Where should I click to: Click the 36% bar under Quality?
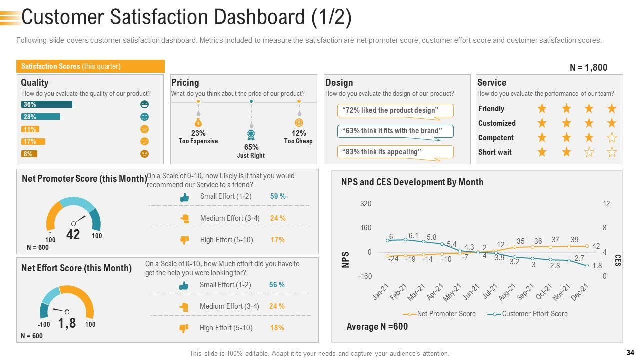pyautogui.click(x=47, y=104)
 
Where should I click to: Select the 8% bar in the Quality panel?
pyautogui.click(x=29, y=154)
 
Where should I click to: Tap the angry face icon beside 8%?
pyautogui.click(x=145, y=154)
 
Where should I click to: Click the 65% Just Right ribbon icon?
pyautogui.click(x=251, y=135)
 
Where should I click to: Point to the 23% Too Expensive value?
pyautogui.click(x=198, y=133)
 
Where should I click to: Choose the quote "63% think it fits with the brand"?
pyautogui.click(x=395, y=131)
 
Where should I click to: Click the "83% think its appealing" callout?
pyautogui.click(x=395, y=152)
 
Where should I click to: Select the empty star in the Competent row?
pyautogui.click(x=612, y=138)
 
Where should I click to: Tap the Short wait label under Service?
pyautogui.click(x=495, y=152)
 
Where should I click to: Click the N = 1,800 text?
pyautogui.click(x=588, y=68)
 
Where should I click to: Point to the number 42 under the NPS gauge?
pyautogui.click(x=73, y=235)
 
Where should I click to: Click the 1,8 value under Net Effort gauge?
pyautogui.click(x=67, y=323)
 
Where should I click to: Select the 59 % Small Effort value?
pyautogui.click(x=278, y=196)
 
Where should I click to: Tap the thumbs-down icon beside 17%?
pyautogui.click(x=184, y=240)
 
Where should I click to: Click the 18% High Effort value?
pyautogui.click(x=277, y=328)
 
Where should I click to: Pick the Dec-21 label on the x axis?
pyautogui.click(x=580, y=292)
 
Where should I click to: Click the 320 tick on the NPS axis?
pyautogui.click(x=366, y=204)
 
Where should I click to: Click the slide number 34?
pyautogui.click(x=629, y=353)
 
